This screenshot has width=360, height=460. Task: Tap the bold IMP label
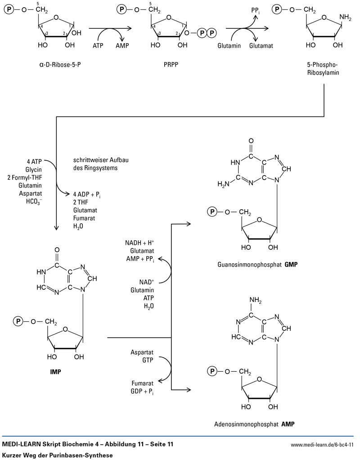click(56, 372)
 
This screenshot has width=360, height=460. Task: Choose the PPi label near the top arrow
click(256, 9)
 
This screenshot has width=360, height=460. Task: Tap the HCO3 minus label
click(34, 201)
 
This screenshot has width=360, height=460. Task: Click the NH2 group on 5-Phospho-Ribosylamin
click(345, 17)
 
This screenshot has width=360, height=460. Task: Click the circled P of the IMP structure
click(18, 321)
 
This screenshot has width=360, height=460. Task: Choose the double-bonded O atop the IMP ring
click(56, 249)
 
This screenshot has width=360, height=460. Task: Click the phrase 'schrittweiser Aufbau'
click(98, 161)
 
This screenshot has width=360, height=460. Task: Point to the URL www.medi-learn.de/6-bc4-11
click(323, 445)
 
